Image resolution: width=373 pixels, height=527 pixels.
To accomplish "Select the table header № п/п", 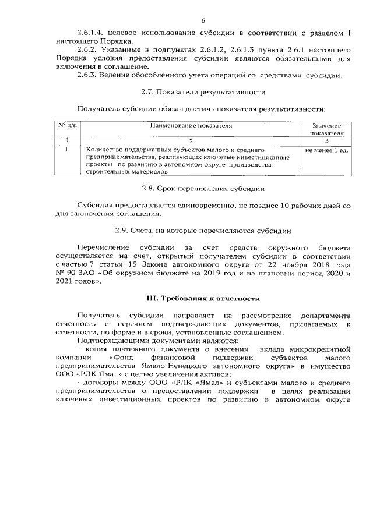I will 67,125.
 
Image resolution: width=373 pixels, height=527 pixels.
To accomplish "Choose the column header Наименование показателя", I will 191,125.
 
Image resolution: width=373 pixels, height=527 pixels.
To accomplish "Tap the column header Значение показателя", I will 326,129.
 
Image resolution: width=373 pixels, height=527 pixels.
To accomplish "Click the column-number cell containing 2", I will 191,140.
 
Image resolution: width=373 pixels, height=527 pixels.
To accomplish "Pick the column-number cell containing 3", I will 326,140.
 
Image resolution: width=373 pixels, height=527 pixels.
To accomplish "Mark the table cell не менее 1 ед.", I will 326,150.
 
